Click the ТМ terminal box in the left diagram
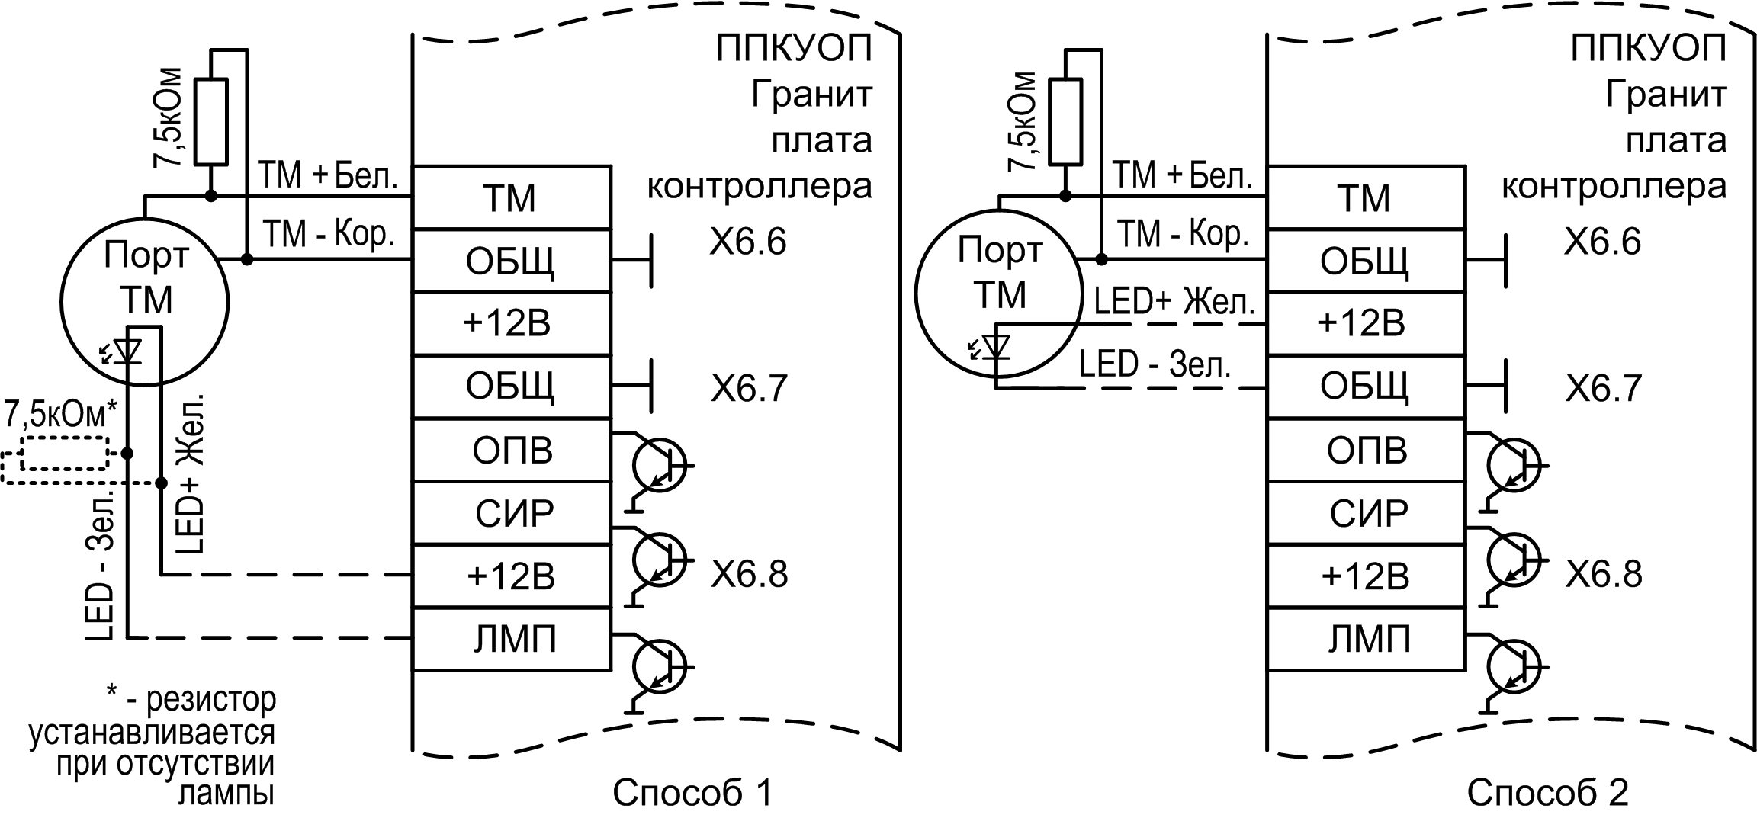click(511, 198)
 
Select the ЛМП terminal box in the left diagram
click(511, 639)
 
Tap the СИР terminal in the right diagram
click(1365, 513)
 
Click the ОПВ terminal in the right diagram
click(1365, 451)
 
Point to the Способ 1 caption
click(692, 793)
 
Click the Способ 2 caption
click(1547, 793)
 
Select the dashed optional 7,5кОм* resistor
click(64, 454)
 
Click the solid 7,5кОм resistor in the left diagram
click(211, 121)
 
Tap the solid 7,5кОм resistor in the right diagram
click(1065, 121)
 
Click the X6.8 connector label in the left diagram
click(749, 574)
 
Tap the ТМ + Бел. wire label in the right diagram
click(1182, 176)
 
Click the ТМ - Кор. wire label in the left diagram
click(328, 233)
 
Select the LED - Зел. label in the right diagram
click(1155, 365)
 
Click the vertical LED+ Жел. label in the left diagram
click(191, 473)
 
